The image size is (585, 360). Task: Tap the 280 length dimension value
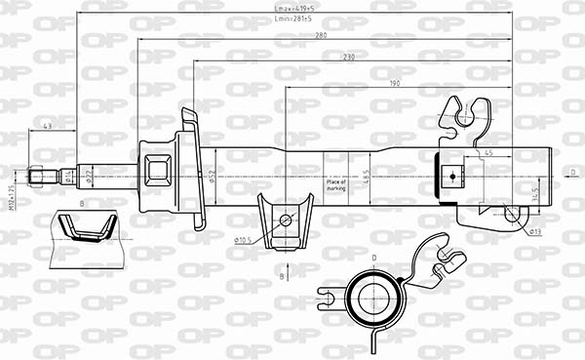[x=320, y=37]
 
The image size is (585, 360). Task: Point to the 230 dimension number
[x=349, y=57]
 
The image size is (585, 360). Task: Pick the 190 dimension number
[x=394, y=83]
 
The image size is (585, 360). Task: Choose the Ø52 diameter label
[x=212, y=176]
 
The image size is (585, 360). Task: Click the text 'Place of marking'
[x=336, y=184]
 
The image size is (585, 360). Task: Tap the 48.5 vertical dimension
[x=367, y=176]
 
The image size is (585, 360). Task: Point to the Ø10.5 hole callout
[x=245, y=239]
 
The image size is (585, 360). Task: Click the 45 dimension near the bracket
[x=487, y=152]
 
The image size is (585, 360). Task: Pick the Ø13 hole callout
[x=534, y=231]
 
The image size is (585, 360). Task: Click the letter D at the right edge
[x=573, y=172]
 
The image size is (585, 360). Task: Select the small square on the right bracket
[x=450, y=177]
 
